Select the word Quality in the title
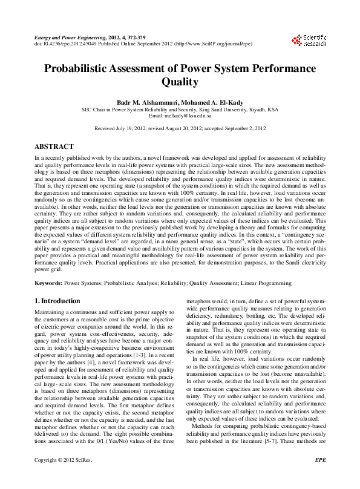[x=180, y=82]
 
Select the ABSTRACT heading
[x=54, y=146]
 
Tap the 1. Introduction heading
[x=57, y=301]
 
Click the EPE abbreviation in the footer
[x=321, y=477]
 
